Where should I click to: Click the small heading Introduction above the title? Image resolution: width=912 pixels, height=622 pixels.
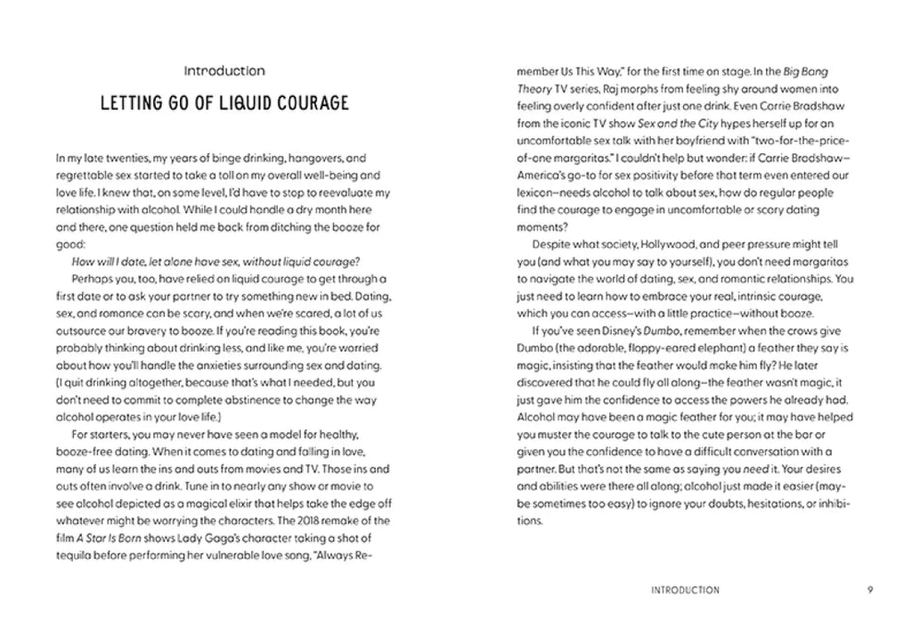click(x=224, y=70)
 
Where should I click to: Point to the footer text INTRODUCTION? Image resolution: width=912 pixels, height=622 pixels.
click(x=686, y=589)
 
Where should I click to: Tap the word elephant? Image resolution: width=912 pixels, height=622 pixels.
click(x=712, y=348)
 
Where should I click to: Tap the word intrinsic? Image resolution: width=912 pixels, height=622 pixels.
click(x=765, y=297)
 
